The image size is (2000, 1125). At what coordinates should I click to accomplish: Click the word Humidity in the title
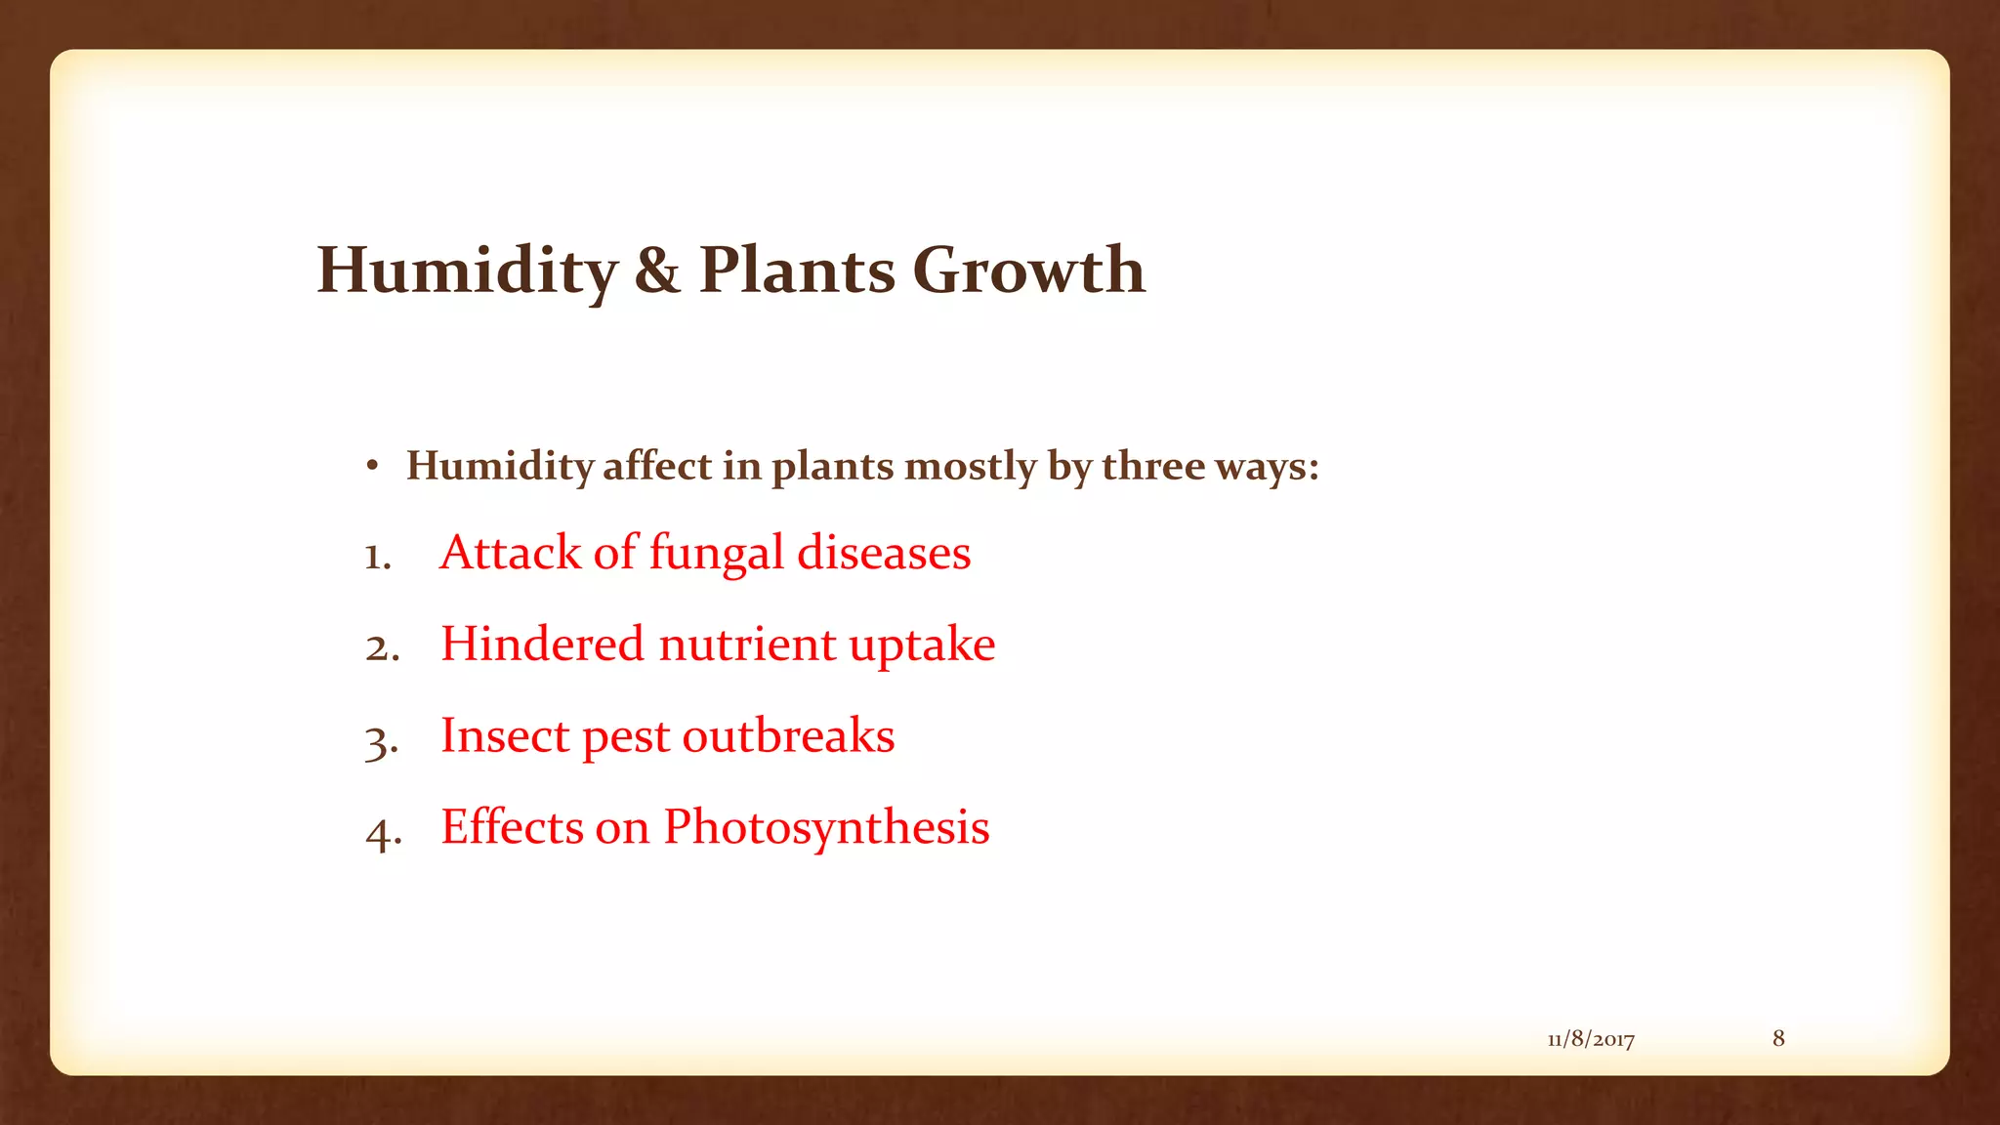tap(467, 271)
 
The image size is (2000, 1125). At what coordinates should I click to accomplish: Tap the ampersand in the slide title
tap(656, 271)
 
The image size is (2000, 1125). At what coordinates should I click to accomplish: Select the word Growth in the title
tap(1028, 270)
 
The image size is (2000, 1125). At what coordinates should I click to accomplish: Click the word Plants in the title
tap(797, 270)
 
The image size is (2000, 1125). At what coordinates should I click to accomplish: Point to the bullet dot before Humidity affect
tap(372, 467)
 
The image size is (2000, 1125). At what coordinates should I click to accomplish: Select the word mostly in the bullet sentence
tap(970, 467)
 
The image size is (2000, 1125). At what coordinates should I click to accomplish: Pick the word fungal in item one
tap(717, 554)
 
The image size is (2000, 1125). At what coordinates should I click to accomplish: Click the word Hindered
tap(542, 645)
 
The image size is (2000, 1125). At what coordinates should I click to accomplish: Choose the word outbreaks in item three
tap(788, 736)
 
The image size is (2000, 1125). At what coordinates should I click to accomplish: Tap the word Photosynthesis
tap(826, 828)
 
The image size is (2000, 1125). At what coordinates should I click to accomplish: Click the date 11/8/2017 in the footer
tap(1591, 1039)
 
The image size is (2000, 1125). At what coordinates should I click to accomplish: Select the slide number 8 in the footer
tap(1778, 1038)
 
